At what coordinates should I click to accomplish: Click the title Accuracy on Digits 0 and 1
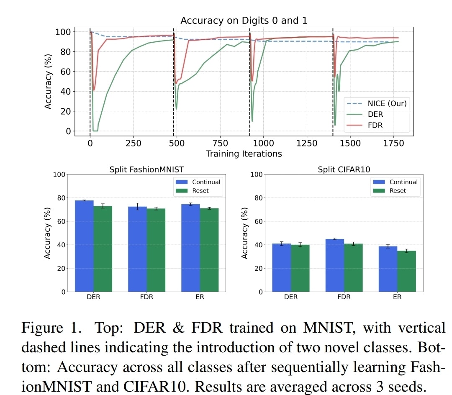coord(244,21)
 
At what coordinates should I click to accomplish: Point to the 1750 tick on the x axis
coord(393,143)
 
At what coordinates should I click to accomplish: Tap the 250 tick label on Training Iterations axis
coord(133,143)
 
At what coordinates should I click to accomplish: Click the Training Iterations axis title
coord(244,154)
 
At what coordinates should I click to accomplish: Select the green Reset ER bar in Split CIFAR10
coord(406,271)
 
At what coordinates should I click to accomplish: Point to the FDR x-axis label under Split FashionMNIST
coord(146,297)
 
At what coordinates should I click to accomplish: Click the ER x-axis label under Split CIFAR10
coord(397,297)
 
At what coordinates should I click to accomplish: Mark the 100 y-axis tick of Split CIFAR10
coord(257,174)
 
